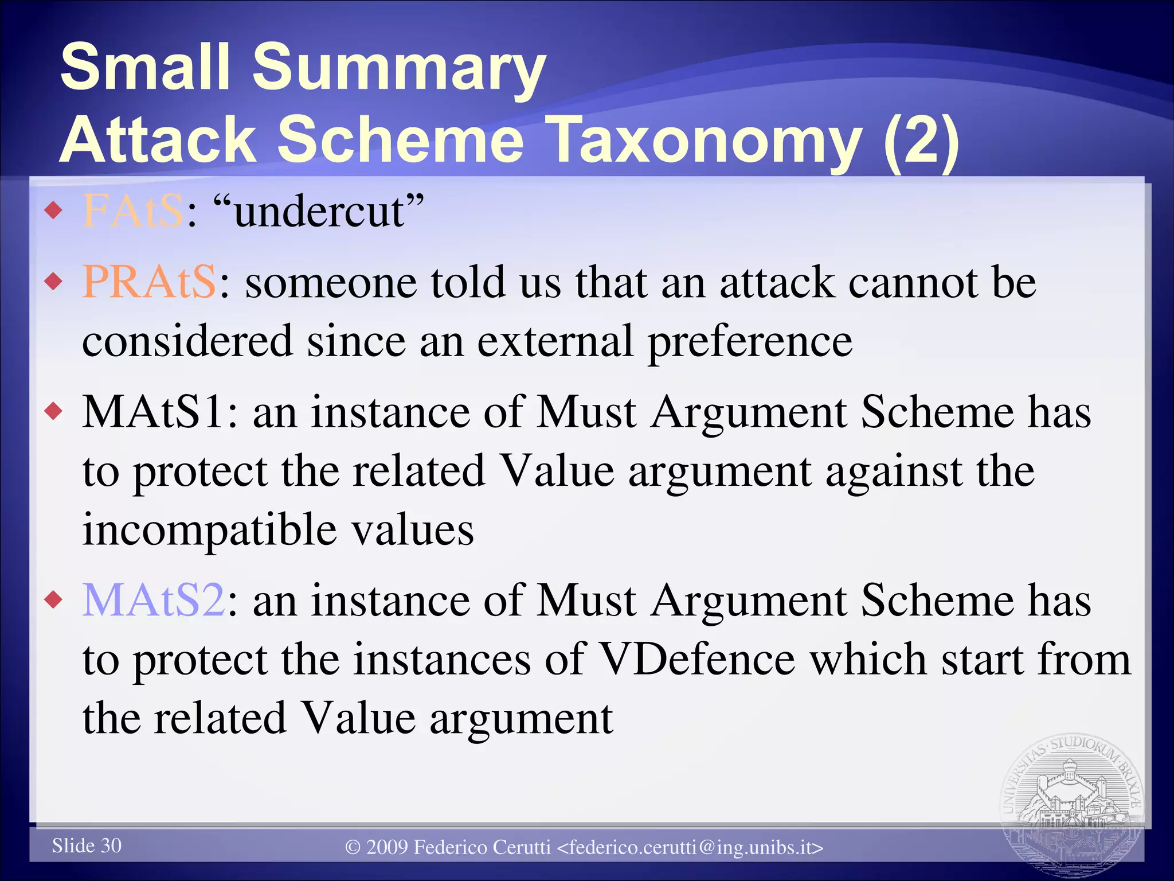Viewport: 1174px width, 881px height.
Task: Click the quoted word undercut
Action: (319, 211)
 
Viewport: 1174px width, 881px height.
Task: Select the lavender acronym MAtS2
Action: (154, 601)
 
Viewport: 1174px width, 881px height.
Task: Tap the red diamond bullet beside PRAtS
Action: (53, 282)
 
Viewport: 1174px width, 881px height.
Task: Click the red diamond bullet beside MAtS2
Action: (53, 600)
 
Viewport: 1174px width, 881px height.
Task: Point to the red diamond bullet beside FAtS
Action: (53, 210)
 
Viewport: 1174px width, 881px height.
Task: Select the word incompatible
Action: (209, 529)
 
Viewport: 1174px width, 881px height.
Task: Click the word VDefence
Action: (696, 660)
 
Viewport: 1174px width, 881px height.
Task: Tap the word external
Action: (555, 341)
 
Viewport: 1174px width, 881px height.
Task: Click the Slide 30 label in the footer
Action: (87, 845)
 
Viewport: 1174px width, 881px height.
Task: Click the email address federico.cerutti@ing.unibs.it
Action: (690, 847)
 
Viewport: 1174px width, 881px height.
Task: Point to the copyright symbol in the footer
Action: (353, 847)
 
